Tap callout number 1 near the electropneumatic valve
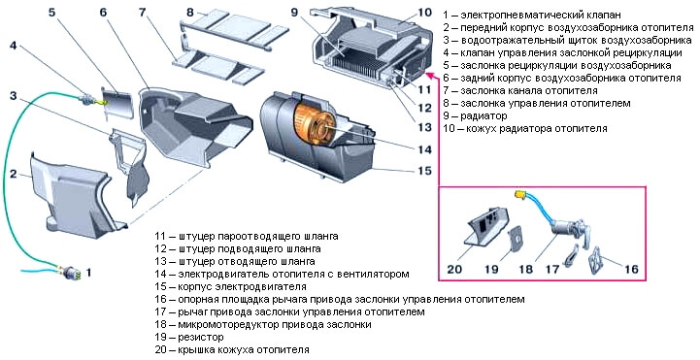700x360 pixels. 89,274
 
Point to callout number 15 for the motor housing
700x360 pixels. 423,171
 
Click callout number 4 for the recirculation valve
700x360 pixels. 14,46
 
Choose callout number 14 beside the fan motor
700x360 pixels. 423,148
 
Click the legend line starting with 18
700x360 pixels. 262,324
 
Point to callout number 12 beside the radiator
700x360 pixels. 423,107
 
